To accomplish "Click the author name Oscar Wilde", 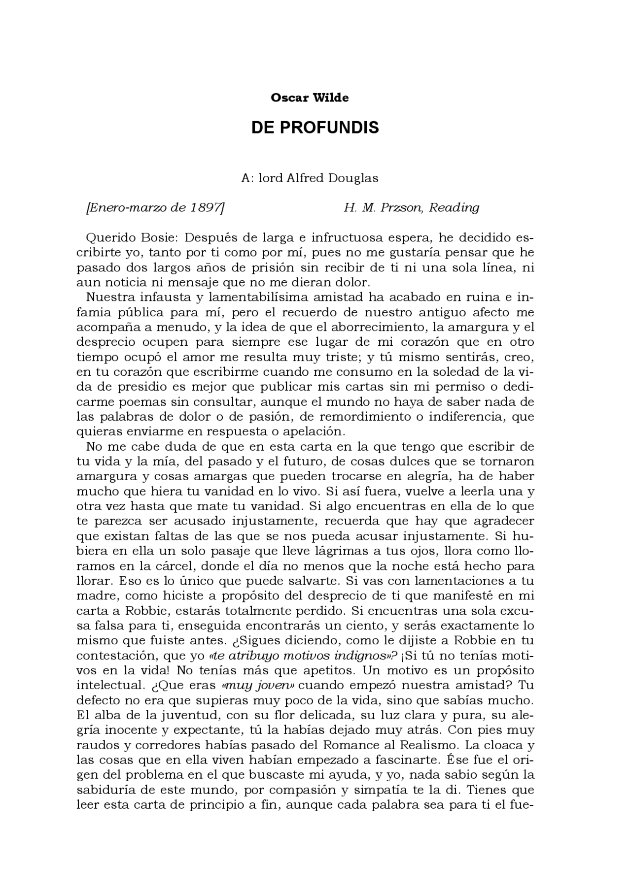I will click(310, 98).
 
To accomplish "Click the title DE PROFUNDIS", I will click(315, 128).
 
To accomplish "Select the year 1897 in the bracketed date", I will click(204, 207).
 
